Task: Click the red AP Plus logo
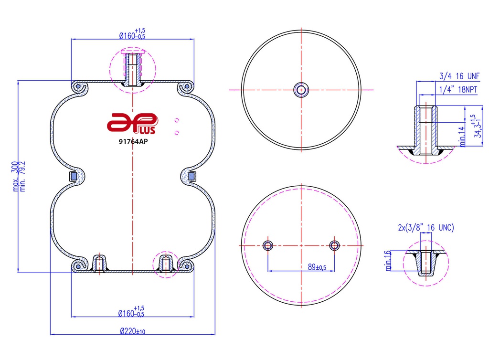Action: [133, 124]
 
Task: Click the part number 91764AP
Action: [133, 141]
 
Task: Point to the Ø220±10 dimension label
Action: [133, 331]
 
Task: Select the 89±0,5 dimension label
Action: [317, 267]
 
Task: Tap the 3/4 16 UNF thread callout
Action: [459, 76]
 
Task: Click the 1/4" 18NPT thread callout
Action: [458, 90]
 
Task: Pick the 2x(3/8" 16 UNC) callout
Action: [426, 228]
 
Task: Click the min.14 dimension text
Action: [462, 137]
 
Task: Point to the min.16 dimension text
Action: [388, 261]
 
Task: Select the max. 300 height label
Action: [15, 176]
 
